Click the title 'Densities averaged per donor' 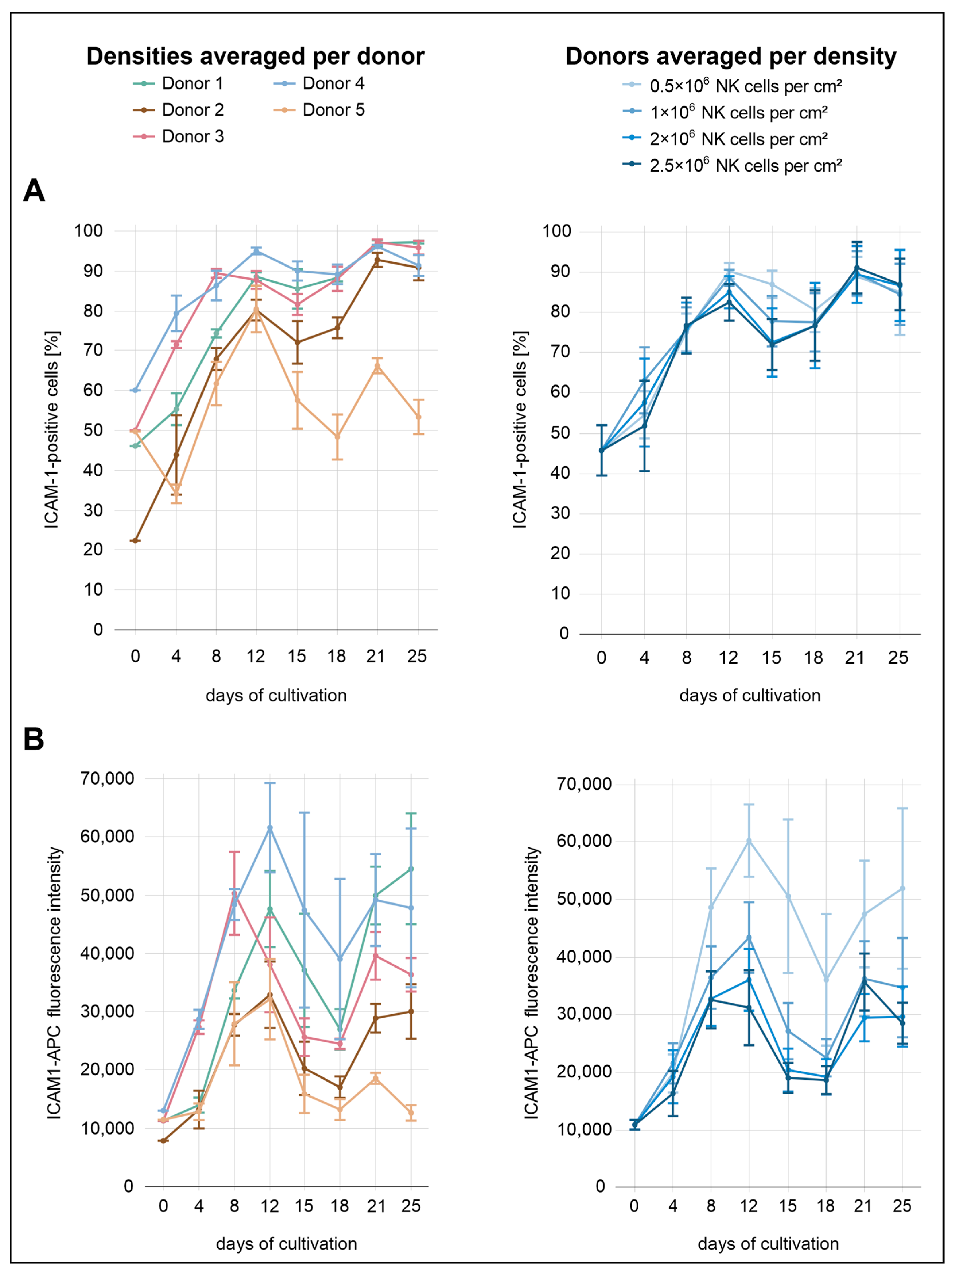[x=256, y=57]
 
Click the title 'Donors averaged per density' [x=731, y=57]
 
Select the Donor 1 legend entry [x=178, y=84]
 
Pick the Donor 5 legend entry [x=319, y=110]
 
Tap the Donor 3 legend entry [x=178, y=137]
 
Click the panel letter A [x=34, y=190]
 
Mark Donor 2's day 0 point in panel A [x=135, y=540]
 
